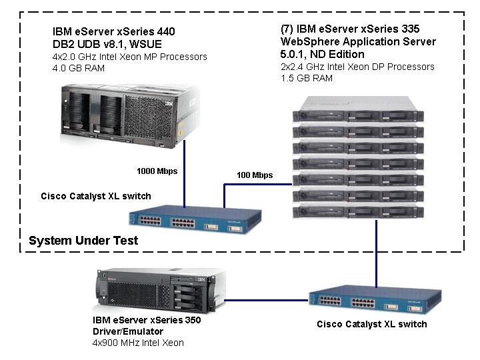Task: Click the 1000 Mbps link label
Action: tap(157, 171)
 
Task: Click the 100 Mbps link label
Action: tap(255, 175)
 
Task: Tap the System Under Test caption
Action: tap(83, 241)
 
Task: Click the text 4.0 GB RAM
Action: tap(79, 68)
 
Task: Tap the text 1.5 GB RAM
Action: tap(307, 78)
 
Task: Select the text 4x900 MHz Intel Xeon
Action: tap(138, 343)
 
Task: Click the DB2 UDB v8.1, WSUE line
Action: tap(107, 44)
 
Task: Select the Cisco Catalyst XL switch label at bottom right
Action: tap(371, 324)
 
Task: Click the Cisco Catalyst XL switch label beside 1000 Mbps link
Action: tap(96, 196)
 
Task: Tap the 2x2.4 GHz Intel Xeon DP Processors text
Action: tap(357, 67)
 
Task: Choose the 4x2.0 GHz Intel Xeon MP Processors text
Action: tap(129, 57)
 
